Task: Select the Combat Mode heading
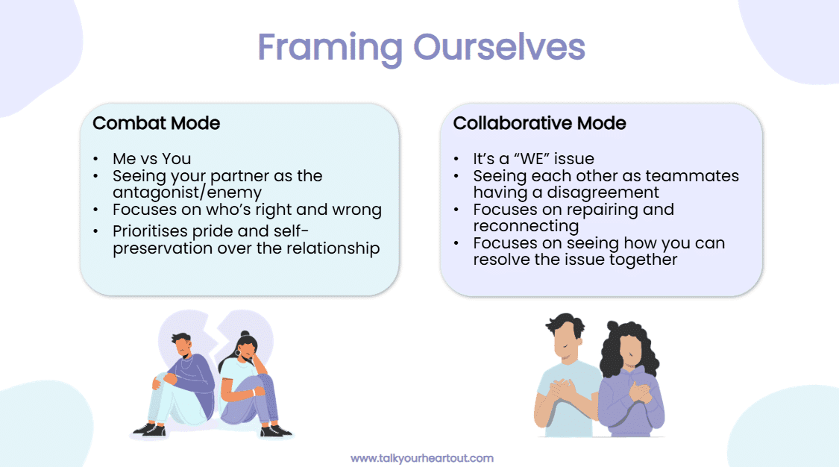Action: click(156, 123)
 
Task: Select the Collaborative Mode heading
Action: click(539, 123)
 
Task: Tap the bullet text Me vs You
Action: click(151, 158)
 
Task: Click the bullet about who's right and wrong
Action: click(247, 210)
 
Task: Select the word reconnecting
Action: click(526, 226)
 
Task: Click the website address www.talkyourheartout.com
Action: click(421, 458)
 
